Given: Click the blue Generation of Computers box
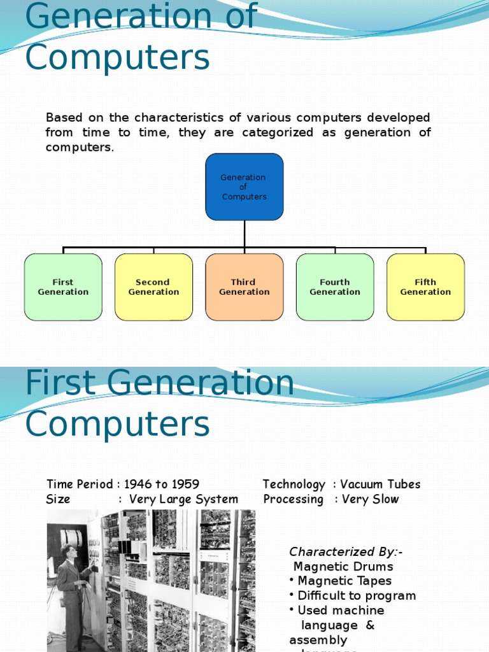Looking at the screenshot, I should (244, 187).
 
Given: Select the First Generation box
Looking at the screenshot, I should (63, 287).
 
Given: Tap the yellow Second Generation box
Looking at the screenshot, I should (153, 287).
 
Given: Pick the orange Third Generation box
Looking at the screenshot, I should (244, 287).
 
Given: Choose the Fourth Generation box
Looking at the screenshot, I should (335, 287).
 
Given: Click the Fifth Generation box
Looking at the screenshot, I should (425, 287).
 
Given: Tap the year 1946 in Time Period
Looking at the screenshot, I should (138, 485).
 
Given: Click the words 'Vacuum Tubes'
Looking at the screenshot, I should (381, 485).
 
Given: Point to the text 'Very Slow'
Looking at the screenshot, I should (370, 499).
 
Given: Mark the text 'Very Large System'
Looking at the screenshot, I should (183, 499).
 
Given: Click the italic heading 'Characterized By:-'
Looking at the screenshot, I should (346, 552).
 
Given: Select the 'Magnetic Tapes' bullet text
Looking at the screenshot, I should (344, 581).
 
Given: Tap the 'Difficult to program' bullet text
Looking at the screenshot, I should (357, 596).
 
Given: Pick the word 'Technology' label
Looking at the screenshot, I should (294, 485).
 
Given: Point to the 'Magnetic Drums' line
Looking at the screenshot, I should (343, 567).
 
